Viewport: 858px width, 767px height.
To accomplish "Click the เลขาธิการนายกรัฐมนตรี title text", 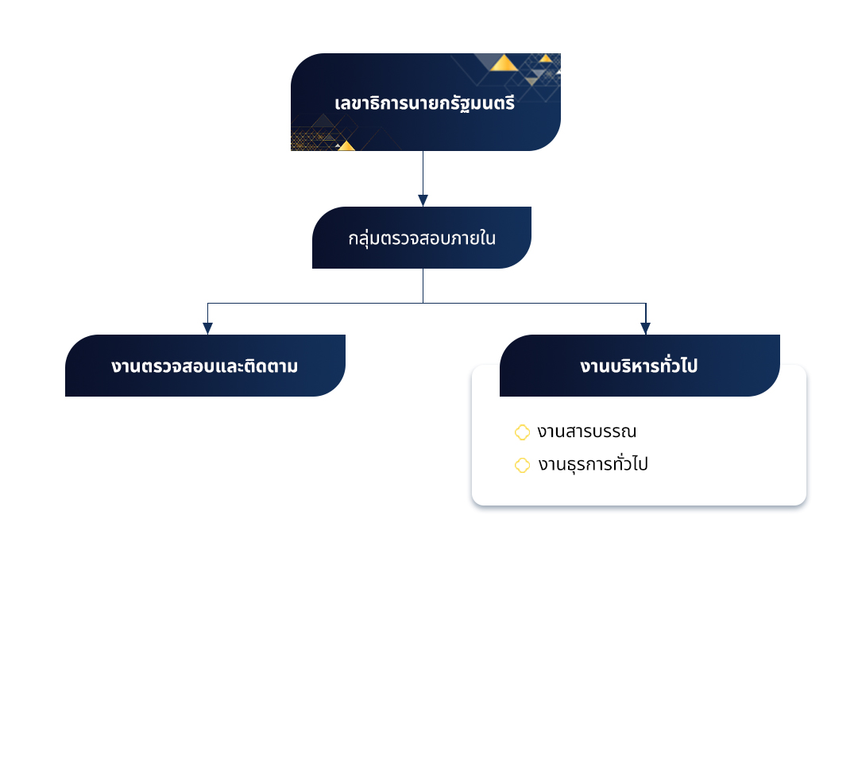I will tap(425, 103).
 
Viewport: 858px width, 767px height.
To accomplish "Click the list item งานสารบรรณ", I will tap(586, 432).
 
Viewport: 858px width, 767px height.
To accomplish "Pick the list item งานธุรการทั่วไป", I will tap(592, 465).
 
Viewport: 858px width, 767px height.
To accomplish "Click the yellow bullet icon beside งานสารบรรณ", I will tap(522, 432).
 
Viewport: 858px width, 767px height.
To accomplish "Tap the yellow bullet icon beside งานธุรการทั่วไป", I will tap(522, 465).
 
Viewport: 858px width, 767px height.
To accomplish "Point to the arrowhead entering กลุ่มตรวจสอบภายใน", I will tap(423, 200).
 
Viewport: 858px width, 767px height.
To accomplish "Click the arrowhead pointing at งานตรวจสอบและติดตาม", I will tap(207, 328).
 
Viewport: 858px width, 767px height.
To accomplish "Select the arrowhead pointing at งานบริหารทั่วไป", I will tap(645, 328).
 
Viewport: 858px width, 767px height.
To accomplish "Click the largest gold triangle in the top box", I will tap(504, 64).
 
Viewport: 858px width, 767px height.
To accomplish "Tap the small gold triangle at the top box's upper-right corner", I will tap(546, 58).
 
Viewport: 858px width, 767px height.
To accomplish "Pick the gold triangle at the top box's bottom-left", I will tap(346, 145).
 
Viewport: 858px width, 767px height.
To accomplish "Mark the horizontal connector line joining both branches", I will tap(318, 303).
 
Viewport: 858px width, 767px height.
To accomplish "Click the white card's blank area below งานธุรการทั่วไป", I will tap(636, 490).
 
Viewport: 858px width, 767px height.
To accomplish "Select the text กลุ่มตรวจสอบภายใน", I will tap(422, 238).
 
